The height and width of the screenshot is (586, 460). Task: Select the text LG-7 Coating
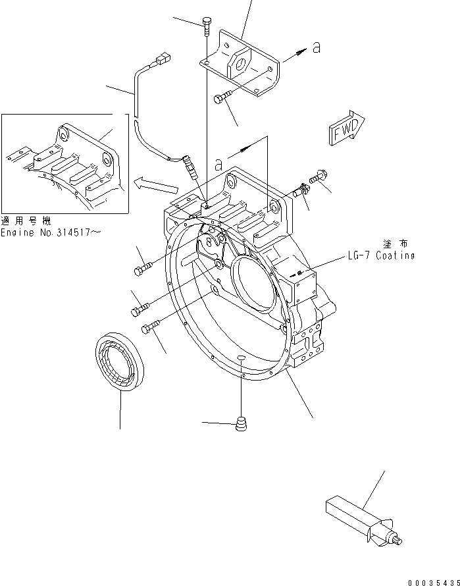(x=381, y=256)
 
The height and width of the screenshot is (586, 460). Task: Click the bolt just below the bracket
(x=222, y=99)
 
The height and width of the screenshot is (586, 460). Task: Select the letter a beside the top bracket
(x=317, y=47)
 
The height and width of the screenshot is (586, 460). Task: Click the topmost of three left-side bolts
(x=143, y=268)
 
